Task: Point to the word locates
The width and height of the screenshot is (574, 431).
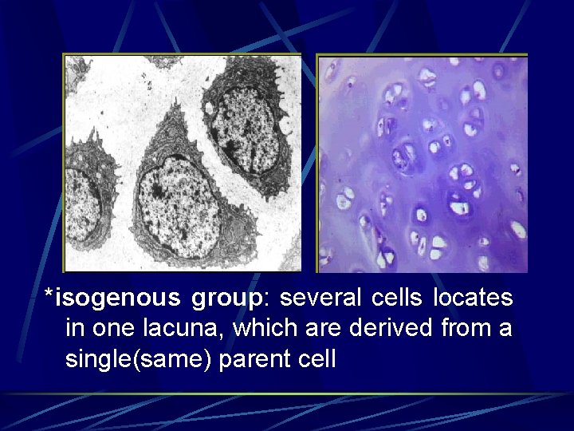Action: (x=473, y=299)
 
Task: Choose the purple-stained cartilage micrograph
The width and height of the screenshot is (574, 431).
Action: (x=423, y=164)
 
